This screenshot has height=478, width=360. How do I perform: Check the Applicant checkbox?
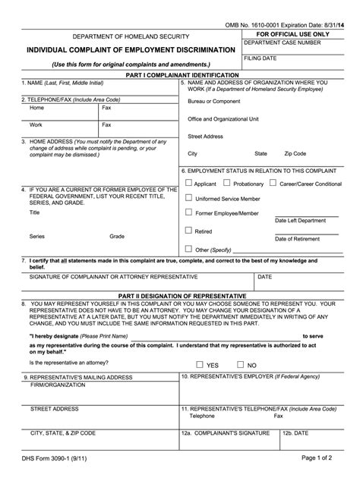click(x=188, y=183)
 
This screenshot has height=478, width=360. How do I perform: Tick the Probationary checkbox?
click(x=226, y=183)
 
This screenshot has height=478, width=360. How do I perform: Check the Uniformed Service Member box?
click(x=188, y=197)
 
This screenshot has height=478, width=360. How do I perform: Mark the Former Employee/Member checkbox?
click(x=188, y=213)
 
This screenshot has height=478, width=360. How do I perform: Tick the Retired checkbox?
click(x=188, y=230)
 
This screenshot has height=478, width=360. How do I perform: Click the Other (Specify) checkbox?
click(x=188, y=248)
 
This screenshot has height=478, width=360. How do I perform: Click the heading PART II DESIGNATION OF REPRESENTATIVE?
click(x=179, y=295)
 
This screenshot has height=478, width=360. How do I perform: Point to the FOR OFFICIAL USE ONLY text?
click(x=292, y=34)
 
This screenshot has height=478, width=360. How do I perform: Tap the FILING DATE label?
click(x=261, y=58)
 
